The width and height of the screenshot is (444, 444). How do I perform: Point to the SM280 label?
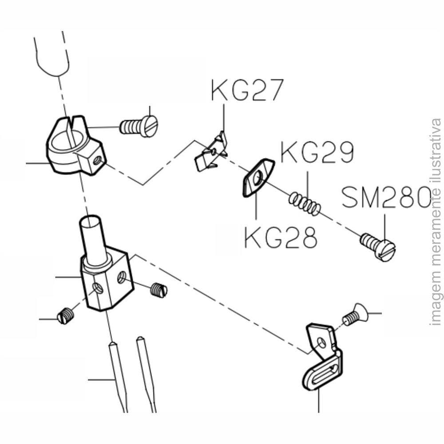pos(386,198)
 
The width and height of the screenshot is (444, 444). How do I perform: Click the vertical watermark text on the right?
pos(436,222)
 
